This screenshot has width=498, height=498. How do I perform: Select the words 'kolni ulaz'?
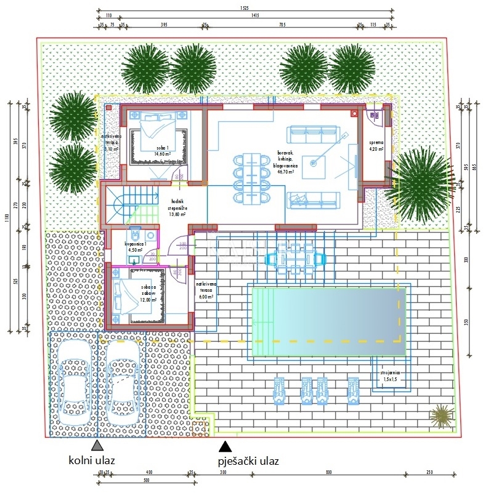point(92,460)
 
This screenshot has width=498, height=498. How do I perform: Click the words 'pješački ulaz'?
point(248,460)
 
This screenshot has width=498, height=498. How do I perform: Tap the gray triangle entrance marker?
point(97,444)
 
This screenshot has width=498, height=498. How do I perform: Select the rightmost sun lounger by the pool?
point(353,390)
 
